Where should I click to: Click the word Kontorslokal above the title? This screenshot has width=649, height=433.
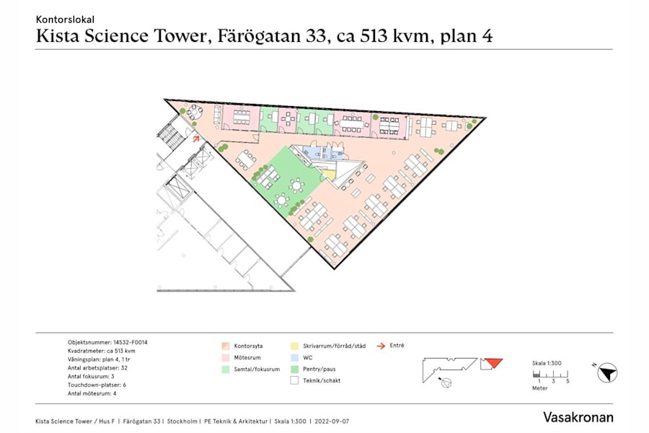[x=65, y=19]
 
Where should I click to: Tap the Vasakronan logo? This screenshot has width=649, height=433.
[x=578, y=417]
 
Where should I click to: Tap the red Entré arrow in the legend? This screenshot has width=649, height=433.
[x=381, y=346]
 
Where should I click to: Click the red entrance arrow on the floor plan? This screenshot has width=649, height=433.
[x=196, y=135]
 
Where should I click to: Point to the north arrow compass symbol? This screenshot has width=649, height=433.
[x=608, y=372]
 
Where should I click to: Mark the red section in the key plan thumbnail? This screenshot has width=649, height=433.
[x=493, y=362]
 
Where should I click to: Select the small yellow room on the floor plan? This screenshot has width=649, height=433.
[x=328, y=174]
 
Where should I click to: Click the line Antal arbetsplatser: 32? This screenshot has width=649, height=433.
[x=97, y=368]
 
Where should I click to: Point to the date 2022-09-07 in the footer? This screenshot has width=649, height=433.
[x=332, y=421]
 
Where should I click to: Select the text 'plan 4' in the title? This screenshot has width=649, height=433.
[x=466, y=37]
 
